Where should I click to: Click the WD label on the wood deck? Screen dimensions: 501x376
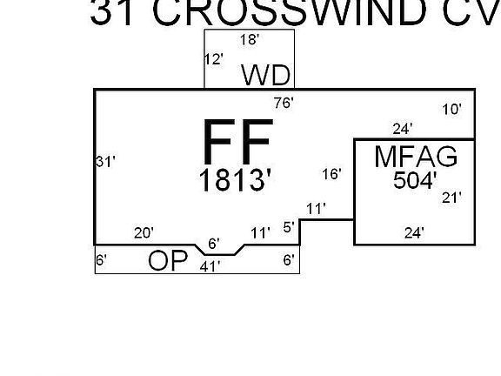[266, 75]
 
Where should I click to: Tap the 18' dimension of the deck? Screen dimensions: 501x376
[250, 40]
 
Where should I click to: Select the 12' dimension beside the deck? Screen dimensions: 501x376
[213, 59]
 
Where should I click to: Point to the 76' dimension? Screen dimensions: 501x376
[284, 103]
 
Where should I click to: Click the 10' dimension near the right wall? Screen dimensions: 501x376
[451, 110]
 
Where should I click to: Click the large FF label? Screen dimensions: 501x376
[238, 141]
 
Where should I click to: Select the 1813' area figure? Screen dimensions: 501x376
[235, 180]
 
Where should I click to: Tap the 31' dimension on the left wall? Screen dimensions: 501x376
[105, 162]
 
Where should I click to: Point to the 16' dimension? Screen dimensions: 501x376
[331, 174]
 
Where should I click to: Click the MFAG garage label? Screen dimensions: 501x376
[416, 157]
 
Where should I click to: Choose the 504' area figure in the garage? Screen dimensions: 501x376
[415, 180]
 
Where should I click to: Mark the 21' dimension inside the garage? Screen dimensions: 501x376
[451, 198]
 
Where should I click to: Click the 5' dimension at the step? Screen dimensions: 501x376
[289, 227]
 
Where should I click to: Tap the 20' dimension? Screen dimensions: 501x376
[144, 233]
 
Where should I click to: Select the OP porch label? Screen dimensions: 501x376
[168, 260]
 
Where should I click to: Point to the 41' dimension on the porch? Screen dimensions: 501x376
[210, 266]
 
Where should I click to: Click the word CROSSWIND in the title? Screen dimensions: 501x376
[290, 12]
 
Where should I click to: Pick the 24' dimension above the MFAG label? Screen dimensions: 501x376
[403, 129]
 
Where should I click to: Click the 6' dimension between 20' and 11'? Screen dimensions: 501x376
[214, 244]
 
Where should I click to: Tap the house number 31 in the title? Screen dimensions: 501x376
[111, 13]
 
